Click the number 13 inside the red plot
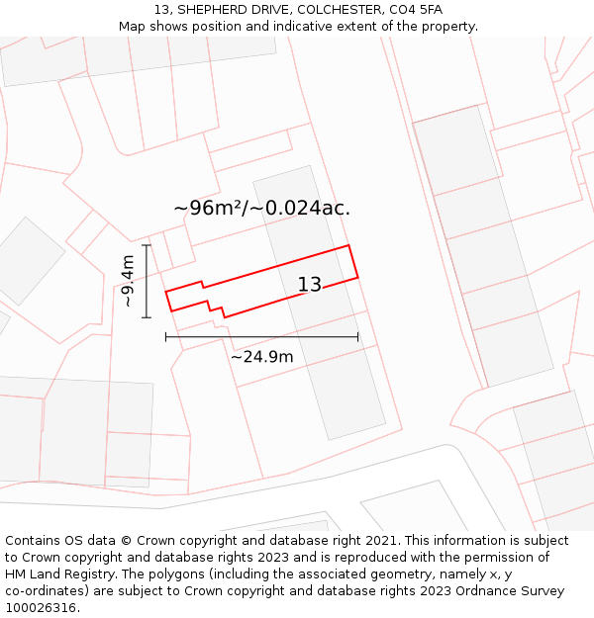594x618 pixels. (310, 285)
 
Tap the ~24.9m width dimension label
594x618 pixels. (261, 357)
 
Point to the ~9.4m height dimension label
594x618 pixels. (128, 282)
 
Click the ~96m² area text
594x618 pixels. (208, 209)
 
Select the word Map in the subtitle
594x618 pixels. (133, 27)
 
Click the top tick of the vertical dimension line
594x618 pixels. (147, 245)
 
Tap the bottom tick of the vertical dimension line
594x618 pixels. (147, 317)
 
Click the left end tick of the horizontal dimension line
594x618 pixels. (166, 337)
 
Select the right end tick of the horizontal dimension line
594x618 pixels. (357, 337)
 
